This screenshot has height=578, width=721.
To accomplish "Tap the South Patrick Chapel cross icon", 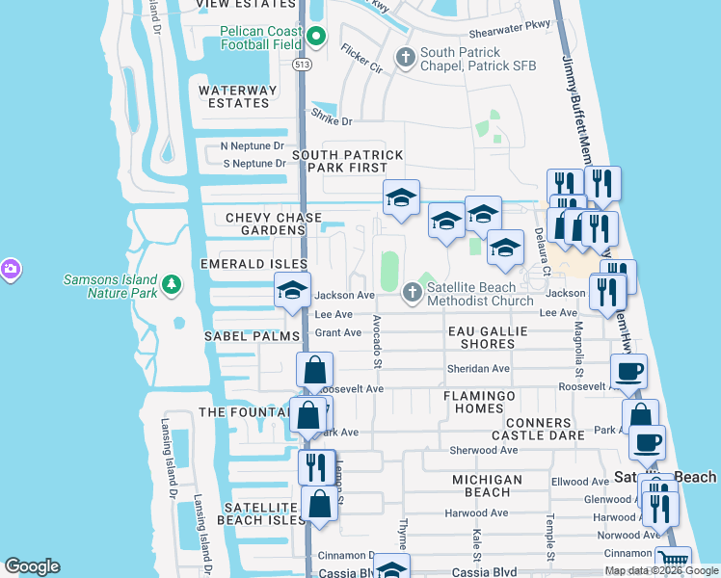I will click(x=406, y=58).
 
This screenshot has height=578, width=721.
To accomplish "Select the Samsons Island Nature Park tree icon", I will click(x=171, y=285).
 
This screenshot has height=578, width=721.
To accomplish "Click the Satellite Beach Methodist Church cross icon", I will click(x=414, y=291).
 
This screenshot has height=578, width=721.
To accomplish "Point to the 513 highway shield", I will click(x=301, y=64).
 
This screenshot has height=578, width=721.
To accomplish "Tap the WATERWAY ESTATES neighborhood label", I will click(x=237, y=96).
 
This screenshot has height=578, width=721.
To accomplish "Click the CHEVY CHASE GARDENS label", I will click(x=265, y=223).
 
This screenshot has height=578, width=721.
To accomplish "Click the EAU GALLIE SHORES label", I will click(x=488, y=337).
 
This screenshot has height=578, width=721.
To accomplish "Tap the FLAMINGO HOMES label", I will click(x=479, y=402).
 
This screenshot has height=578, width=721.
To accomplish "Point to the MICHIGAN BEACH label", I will click(x=488, y=486).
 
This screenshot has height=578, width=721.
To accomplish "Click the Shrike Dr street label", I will click(x=332, y=121).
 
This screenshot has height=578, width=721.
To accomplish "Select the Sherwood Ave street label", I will click(x=484, y=450).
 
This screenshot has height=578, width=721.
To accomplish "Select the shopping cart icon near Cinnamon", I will click(x=673, y=560).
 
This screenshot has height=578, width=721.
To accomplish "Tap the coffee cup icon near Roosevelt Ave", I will click(x=628, y=370).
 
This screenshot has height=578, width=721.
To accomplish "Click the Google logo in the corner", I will click(x=32, y=566).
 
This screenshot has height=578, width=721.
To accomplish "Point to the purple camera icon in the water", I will click(x=10, y=268).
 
